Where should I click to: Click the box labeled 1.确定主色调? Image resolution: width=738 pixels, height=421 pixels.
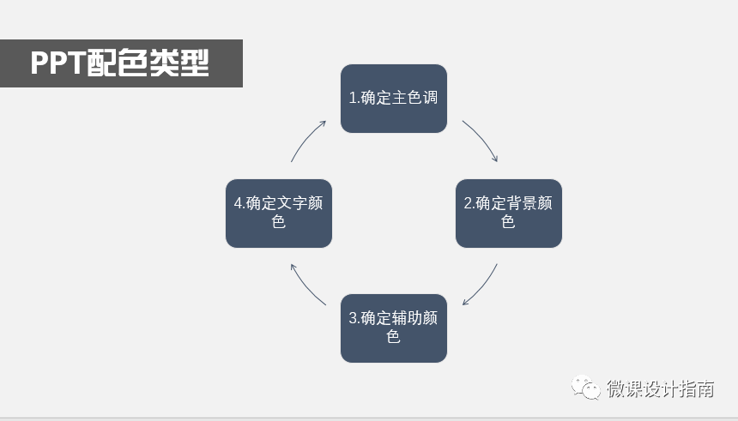[394, 99]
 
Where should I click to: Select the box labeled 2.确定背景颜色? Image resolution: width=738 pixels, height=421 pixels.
[508, 214]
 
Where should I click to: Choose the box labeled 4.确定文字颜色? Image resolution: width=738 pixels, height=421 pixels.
[279, 214]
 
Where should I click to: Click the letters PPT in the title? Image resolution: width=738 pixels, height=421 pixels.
[57, 64]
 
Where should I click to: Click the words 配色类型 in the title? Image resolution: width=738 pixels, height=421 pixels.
[148, 64]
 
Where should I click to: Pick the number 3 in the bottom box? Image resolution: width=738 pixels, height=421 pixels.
[353, 319]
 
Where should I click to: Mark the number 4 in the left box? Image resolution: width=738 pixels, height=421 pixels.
[238, 204]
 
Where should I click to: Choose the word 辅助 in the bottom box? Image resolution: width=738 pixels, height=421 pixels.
[408, 319]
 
